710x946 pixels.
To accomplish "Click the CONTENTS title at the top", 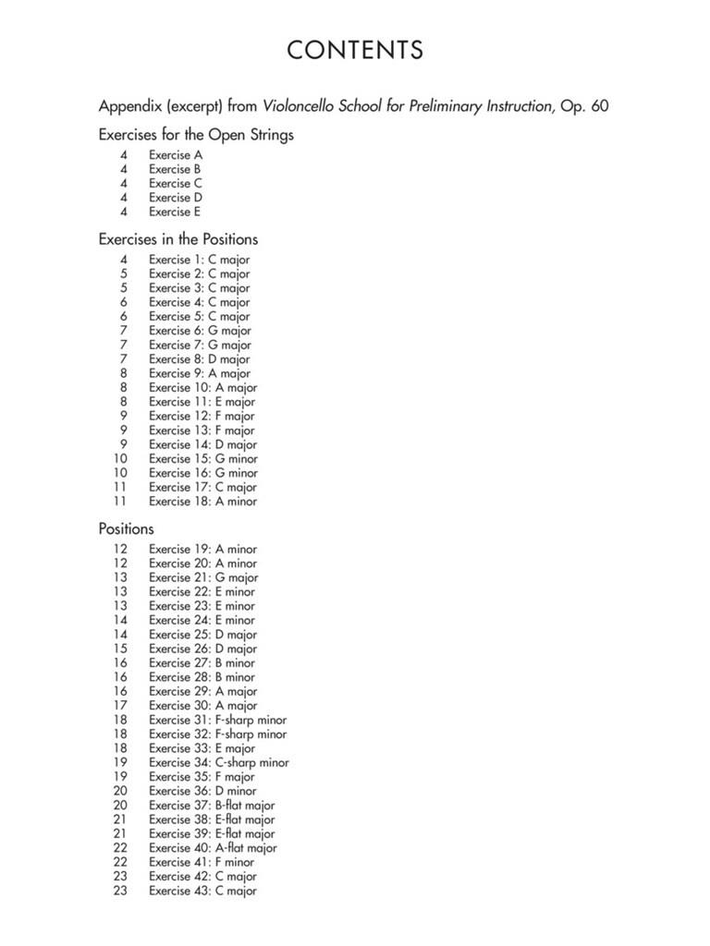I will [x=355, y=50].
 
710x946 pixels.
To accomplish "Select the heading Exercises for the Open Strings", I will [x=196, y=135].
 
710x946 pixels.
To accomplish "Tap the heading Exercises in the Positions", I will [x=178, y=239].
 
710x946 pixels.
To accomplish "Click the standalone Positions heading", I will [x=127, y=529].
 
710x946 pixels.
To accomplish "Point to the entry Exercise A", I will [x=176, y=155].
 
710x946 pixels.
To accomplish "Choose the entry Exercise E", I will [x=175, y=212].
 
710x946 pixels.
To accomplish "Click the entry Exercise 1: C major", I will [x=199, y=260].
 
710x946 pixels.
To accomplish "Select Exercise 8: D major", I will [x=199, y=359].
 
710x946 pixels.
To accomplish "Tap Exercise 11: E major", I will [x=202, y=402].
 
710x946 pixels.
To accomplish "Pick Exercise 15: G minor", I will [x=203, y=458].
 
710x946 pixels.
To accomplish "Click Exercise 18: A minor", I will [x=202, y=502].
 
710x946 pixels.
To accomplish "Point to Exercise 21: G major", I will [x=203, y=577].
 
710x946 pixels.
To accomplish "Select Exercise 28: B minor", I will [x=202, y=677].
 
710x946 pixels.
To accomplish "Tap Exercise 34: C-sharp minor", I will [x=218, y=763].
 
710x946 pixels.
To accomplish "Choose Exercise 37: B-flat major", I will [x=212, y=806].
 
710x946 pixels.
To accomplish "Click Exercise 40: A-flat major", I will [x=213, y=848].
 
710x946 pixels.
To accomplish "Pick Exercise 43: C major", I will [x=202, y=891].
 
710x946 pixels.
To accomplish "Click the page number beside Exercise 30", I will [x=120, y=706].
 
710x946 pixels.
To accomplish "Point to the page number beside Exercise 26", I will [x=120, y=649].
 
